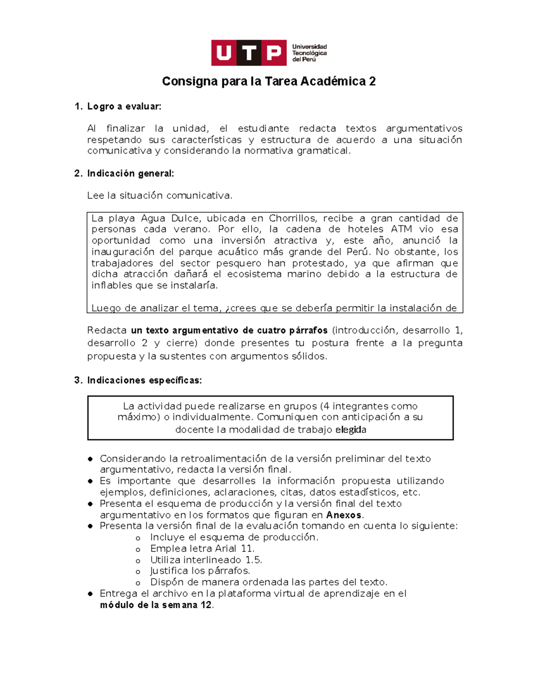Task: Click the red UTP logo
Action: coord(249,53)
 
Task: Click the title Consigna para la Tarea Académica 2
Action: coord(269,81)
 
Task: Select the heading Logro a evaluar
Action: coord(124,107)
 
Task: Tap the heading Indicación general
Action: coord(130,173)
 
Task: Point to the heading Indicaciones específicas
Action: coord(144,380)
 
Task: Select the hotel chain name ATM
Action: coord(401,229)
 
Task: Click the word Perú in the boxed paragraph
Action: coord(358,251)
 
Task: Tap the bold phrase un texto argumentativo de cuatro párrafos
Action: coord(229,330)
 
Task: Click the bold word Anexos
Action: coord(343,515)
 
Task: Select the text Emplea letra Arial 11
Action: coord(202,549)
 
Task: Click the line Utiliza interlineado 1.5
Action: coord(206,560)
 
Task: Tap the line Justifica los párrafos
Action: coord(200,571)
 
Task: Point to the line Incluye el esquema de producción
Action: coord(234,537)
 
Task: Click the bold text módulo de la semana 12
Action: coord(156,605)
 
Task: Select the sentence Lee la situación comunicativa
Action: coord(160,196)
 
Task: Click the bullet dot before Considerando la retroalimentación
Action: coord(91,459)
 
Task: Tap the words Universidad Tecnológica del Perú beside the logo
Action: coord(309,53)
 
